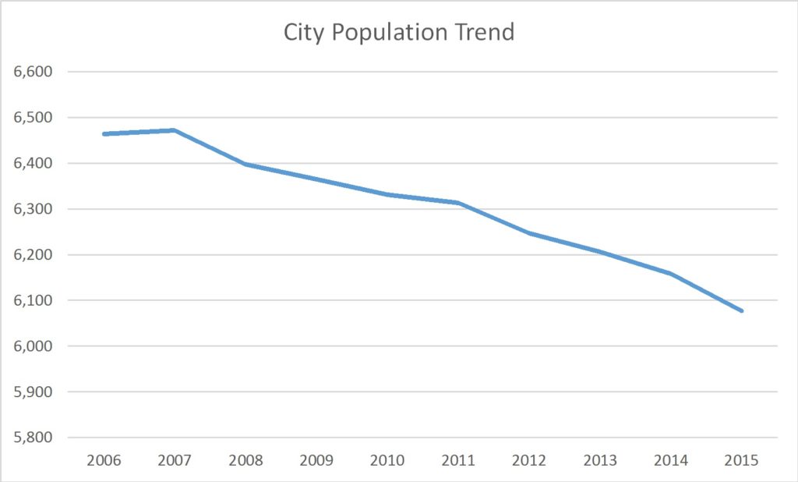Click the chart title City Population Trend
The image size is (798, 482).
coord(398,33)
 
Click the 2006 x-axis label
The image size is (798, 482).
coord(104,459)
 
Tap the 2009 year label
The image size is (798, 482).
coord(316,459)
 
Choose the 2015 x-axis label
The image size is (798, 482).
coord(743,459)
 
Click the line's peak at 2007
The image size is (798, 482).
coord(175,130)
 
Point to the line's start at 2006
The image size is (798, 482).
coord(104,134)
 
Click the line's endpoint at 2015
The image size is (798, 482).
coord(742,310)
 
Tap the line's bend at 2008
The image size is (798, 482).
coord(245,165)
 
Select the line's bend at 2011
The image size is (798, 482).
coord(459,203)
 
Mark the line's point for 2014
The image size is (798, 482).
coord(671,274)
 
